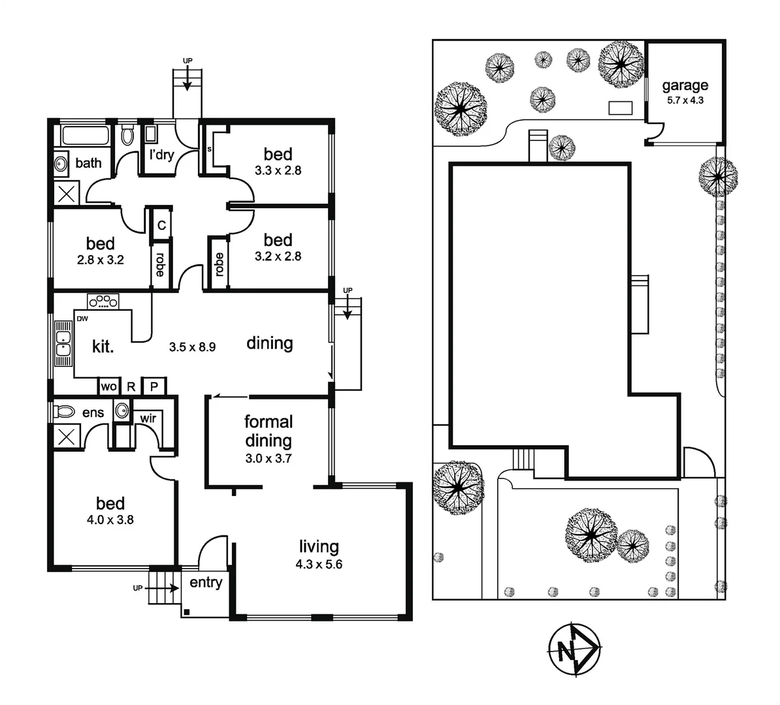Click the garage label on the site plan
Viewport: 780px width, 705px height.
click(x=685, y=86)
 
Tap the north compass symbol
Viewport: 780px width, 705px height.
click(x=572, y=650)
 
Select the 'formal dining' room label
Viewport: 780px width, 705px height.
click(x=268, y=431)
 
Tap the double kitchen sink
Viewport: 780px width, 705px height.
click(x=63, y=344)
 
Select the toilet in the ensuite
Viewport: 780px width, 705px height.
click(x=64, y=412)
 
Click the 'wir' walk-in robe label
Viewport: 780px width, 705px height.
click(x=148, y=418)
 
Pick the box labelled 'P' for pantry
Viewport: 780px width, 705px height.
click(x=154, y=386)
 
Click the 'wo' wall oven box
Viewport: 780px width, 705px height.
click(x=109, y=386)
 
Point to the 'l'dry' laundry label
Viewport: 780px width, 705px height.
click(x=161, y=155)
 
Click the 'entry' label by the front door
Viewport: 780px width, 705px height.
click(x=206, y=583)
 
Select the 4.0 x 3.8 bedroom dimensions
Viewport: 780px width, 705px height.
click(x=110, y=520)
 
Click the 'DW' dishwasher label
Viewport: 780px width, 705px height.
click(x=82, y=319)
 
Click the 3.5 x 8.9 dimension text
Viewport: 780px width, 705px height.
click(x=192, y=347)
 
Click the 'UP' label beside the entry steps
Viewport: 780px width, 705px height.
click(x=137, y=588)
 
